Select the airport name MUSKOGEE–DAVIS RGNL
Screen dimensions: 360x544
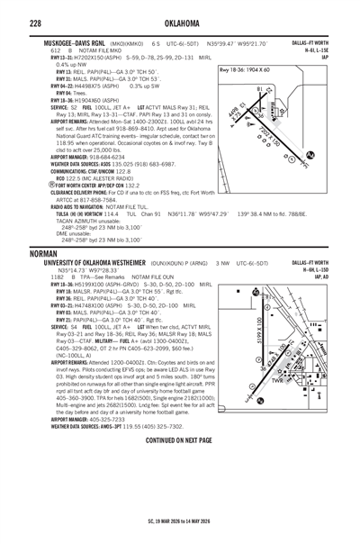85,43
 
